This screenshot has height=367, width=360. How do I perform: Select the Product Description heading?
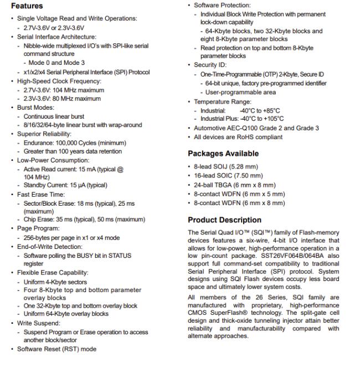pyautogui.click(x=224, y=220)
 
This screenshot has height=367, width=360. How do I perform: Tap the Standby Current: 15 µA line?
pyautogui.click(x=65, y=185)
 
